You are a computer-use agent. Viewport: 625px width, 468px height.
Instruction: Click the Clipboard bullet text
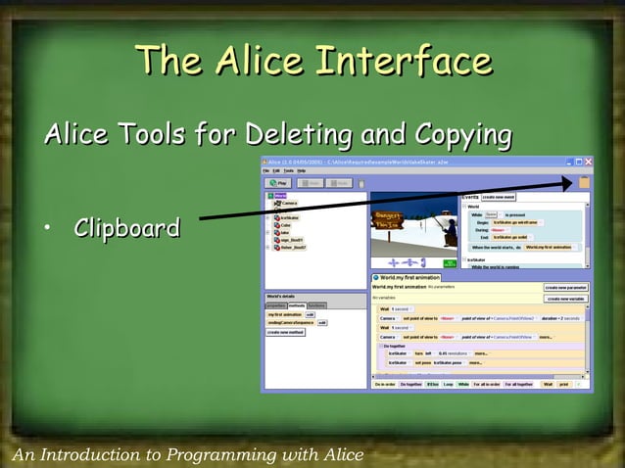[126, 229]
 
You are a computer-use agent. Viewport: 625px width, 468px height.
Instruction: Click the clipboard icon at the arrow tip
[584, 182]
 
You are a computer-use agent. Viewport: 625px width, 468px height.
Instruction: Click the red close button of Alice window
[586, 162]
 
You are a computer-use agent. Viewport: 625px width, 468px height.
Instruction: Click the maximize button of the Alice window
[577, 162]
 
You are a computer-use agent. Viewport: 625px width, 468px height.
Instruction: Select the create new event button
[498, 197]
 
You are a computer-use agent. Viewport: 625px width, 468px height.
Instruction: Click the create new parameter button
[566, 288]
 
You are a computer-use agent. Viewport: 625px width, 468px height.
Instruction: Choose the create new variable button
[566, 298]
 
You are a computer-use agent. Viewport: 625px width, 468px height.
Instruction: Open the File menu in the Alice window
[265, 170]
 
